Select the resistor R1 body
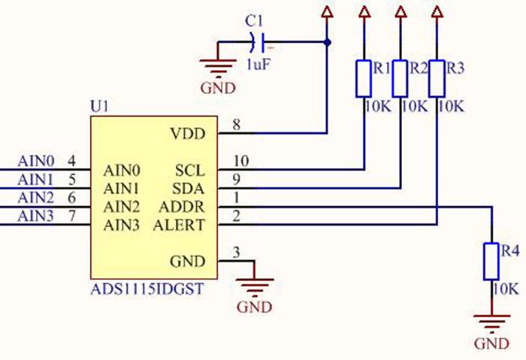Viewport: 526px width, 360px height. pyautogui.click(x=364, y=78)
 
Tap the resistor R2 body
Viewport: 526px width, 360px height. pyautogui.click(x=400, y=78)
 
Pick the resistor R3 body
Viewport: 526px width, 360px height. pyautogui.click(x=437, y=78)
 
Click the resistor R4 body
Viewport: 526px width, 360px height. pyautogui.click(x=491, y=262)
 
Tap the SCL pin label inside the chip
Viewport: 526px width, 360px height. pyautogui.click(x=190, y=170)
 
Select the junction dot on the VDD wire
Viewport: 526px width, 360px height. pyautogui.click(x=327, y=42)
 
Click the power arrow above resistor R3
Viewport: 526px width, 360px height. pyautogui.click(x=437, y=11)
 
